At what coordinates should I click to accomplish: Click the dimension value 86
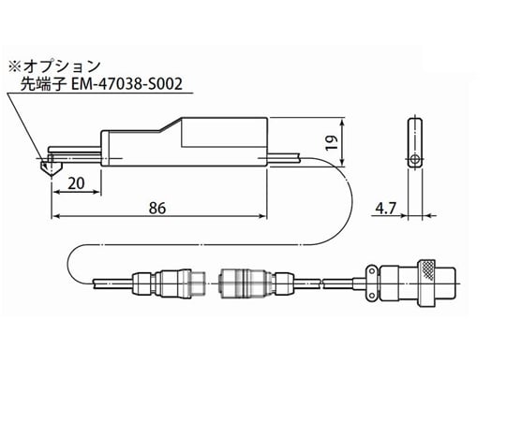156,209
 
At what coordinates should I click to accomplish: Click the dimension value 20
78,183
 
